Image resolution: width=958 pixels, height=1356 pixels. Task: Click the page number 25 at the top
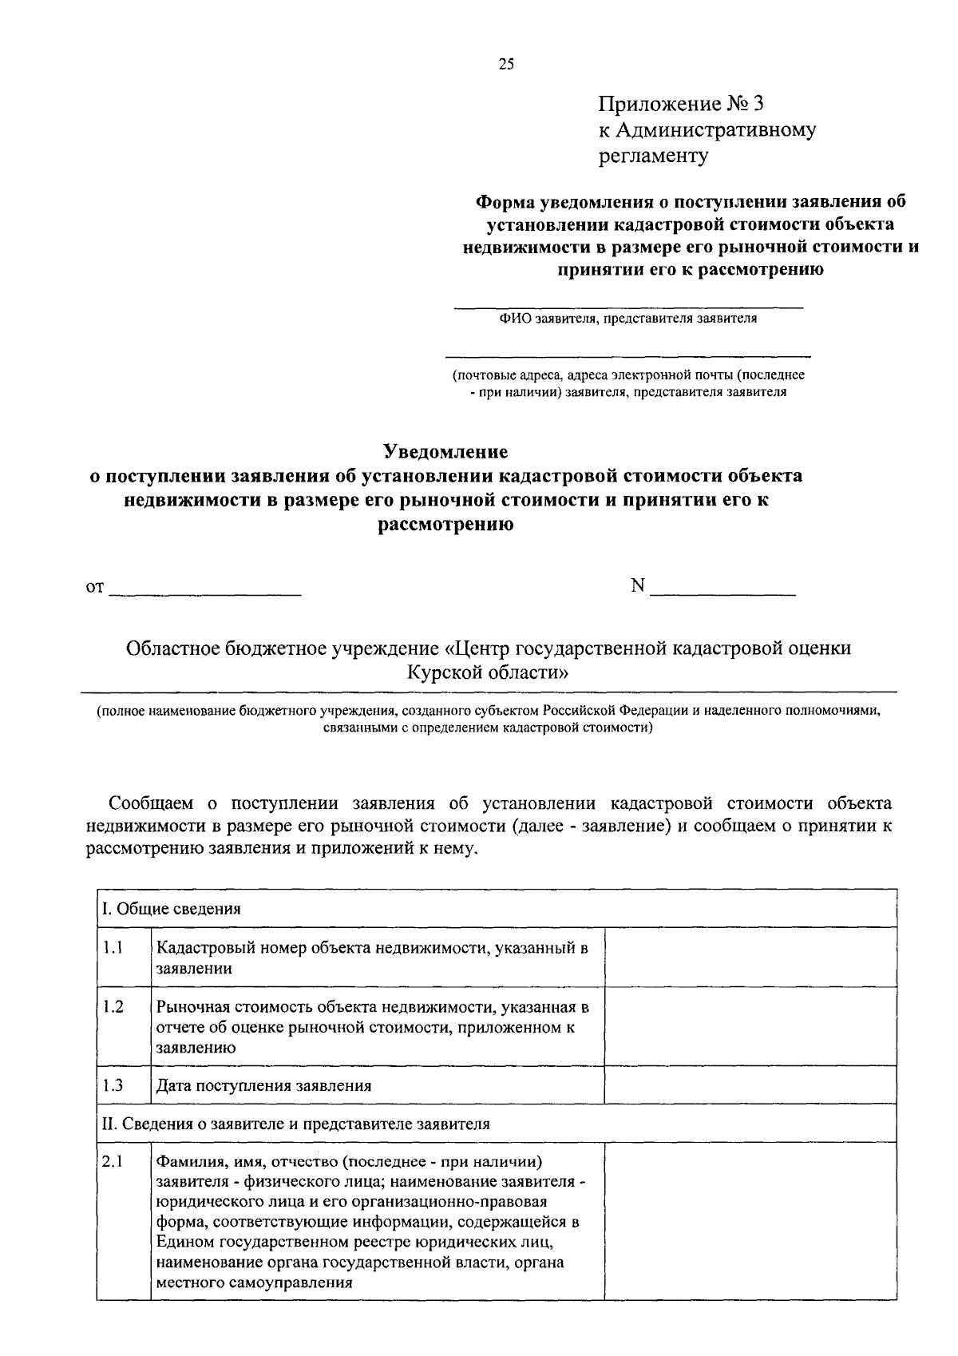click(x=506, y=65)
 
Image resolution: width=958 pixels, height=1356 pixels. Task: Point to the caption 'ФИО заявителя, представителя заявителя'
click(x=628, y=319)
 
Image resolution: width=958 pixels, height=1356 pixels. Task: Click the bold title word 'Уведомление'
click(x=445, y=452)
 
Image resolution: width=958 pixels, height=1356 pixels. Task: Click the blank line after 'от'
click(x=204, y=591)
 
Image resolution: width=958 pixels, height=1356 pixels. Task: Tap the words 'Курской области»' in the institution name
click(x=488, y=672)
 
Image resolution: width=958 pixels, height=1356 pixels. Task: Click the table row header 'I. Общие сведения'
click(x=171, y=909)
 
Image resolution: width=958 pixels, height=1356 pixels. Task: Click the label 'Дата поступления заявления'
click(x=264, y=1086)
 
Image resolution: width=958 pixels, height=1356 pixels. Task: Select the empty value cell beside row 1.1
click(x=750, y=957)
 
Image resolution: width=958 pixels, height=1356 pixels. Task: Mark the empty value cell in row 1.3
click(x=750, y=1085)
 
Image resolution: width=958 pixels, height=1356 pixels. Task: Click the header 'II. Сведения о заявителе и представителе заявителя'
click(x=295, y=1124)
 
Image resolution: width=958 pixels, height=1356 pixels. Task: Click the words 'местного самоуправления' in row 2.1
click(x=255, y=1284)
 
